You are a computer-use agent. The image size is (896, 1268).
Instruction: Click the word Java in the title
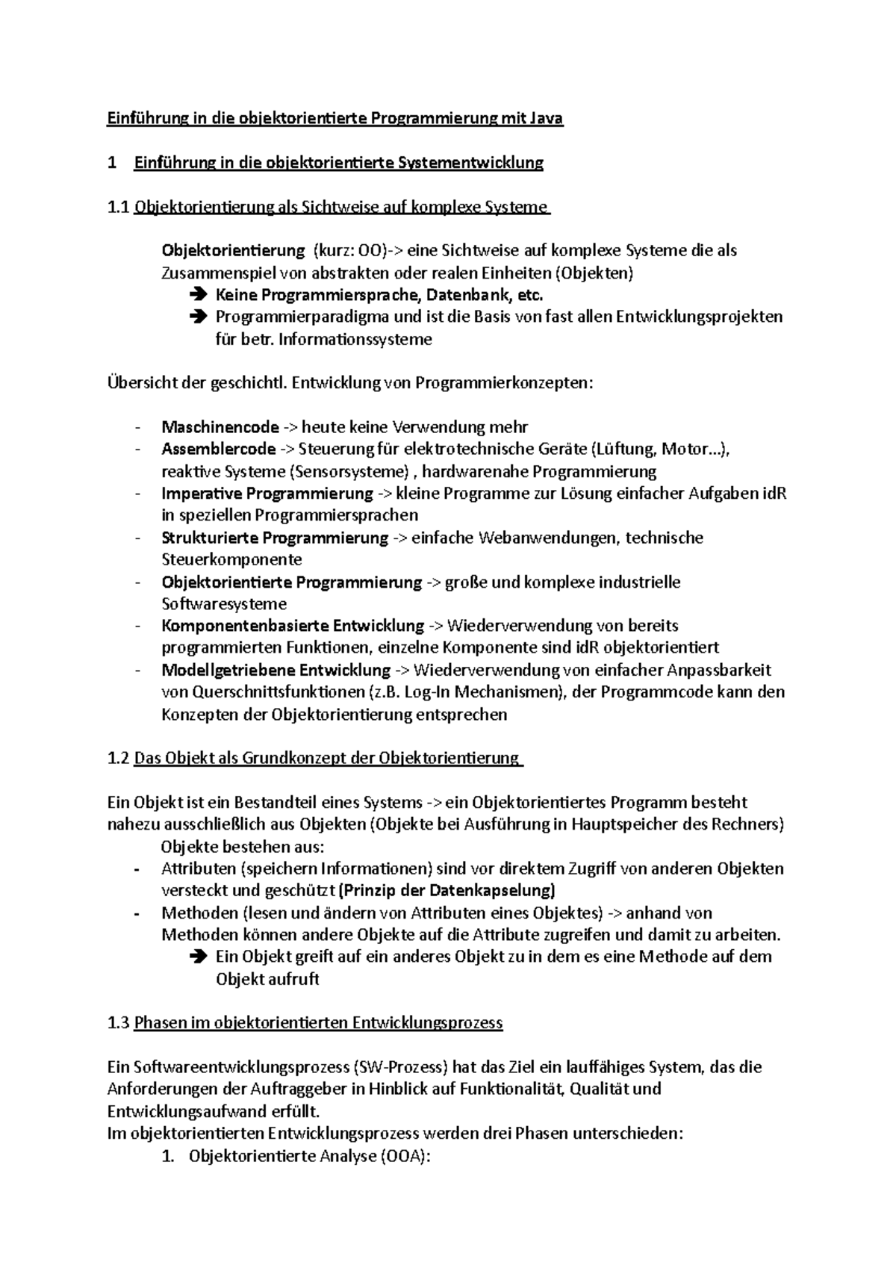tap(546, 118)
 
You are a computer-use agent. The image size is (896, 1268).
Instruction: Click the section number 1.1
tap(118, 207)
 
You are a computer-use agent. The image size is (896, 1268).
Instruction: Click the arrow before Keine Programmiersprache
tap(198, 295)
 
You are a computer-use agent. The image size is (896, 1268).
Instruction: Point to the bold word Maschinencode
tap(220, 427)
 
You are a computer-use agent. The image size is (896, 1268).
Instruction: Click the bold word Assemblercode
tap(218, 449)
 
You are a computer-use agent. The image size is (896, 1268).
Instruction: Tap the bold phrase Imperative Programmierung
tap(267, 494)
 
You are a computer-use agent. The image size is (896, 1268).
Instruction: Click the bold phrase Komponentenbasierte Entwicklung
tap(293, 626)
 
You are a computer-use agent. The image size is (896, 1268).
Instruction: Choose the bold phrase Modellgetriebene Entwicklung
tap(276, 670)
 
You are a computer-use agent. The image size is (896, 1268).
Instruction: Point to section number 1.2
tap(118, 758)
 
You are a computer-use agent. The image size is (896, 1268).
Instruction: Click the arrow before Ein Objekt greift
tap(198, 957)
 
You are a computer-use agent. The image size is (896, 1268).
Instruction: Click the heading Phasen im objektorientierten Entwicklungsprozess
tap(318, 1023)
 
